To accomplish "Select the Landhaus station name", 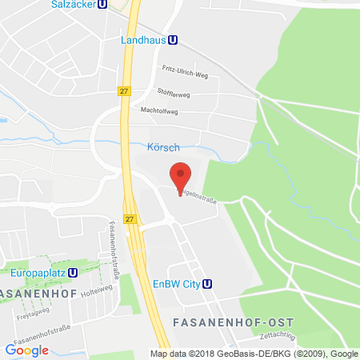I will point(144,39).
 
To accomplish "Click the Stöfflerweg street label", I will point(174,92).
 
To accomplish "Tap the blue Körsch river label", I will point(163,148).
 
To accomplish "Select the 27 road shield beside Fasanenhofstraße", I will point(131,218).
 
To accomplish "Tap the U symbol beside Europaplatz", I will point(73,272).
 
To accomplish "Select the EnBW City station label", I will point(174,282).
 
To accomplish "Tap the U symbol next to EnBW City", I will point(208,282).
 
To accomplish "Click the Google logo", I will point(26,350).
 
